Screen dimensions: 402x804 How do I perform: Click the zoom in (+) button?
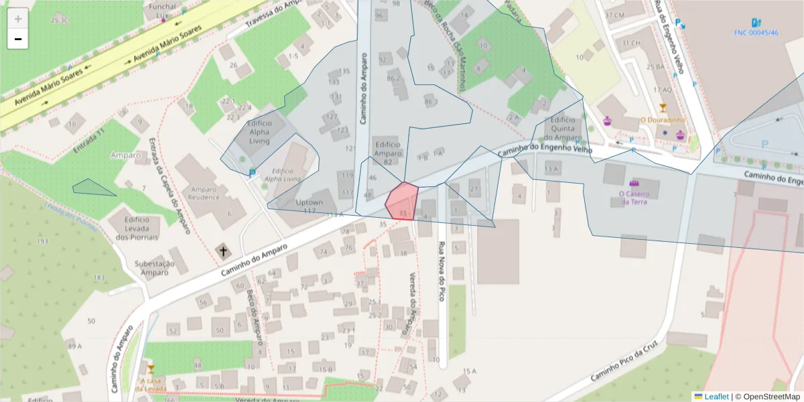18,19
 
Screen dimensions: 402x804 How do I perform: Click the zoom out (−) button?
18,40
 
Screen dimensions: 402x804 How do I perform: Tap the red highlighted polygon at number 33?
402,200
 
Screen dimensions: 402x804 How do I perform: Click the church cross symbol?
222,251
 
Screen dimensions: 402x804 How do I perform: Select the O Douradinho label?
663,120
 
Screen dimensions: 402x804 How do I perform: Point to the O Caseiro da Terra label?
633,198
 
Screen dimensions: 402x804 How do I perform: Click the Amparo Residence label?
204,193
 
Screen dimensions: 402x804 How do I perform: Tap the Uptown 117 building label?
309,206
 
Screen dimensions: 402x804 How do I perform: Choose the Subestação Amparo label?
155,268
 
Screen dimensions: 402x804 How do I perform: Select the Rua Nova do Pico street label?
442,271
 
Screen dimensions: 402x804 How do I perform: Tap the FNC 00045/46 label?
756,32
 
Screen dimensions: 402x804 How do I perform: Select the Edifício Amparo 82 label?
388,153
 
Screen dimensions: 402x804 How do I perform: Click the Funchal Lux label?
163,10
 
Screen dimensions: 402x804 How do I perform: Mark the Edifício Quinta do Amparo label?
563,129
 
